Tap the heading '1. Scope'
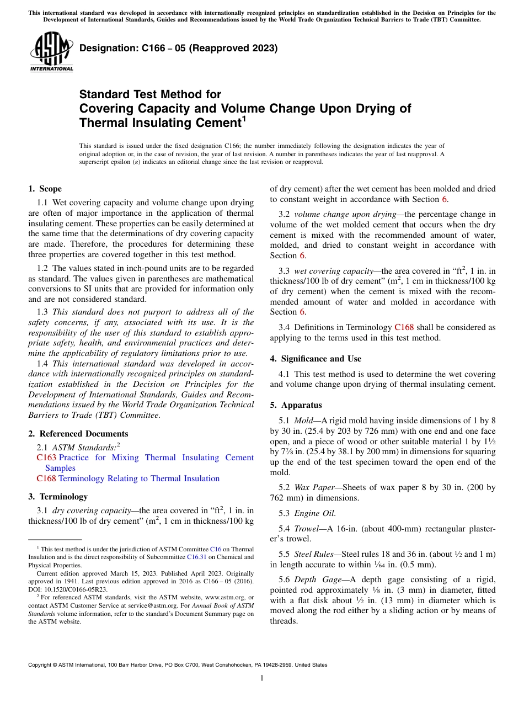click(45, 189)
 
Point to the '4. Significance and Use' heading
click(316, 359)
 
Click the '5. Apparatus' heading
click(296, 405)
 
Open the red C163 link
click(46, 458)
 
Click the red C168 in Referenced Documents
click(46, 478)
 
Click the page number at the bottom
click(262, 678)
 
